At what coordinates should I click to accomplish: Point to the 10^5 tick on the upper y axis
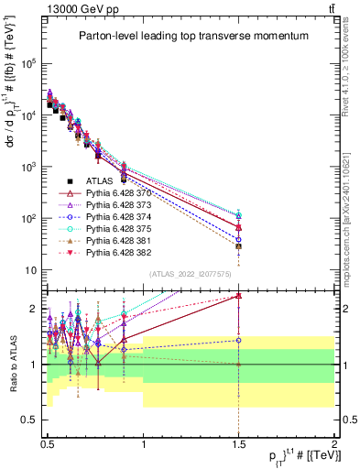coord(30,63)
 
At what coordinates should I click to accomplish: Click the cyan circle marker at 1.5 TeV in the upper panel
coord(238,213)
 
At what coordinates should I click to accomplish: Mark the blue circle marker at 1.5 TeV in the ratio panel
coord(238,340)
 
